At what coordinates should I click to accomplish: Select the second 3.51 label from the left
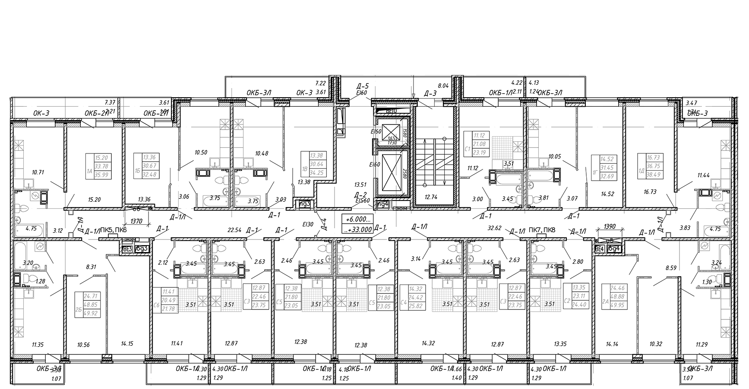click(228, 304)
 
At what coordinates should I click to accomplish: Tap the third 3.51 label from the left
click(316, 304)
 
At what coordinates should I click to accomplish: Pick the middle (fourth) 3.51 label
click(354, 304)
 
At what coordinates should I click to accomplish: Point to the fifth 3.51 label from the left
click(447, 304)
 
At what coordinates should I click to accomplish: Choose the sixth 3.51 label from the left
click(484, 304)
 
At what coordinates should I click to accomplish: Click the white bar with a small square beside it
click(142, 239)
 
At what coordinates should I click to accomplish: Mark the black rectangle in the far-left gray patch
click(44, 197)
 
